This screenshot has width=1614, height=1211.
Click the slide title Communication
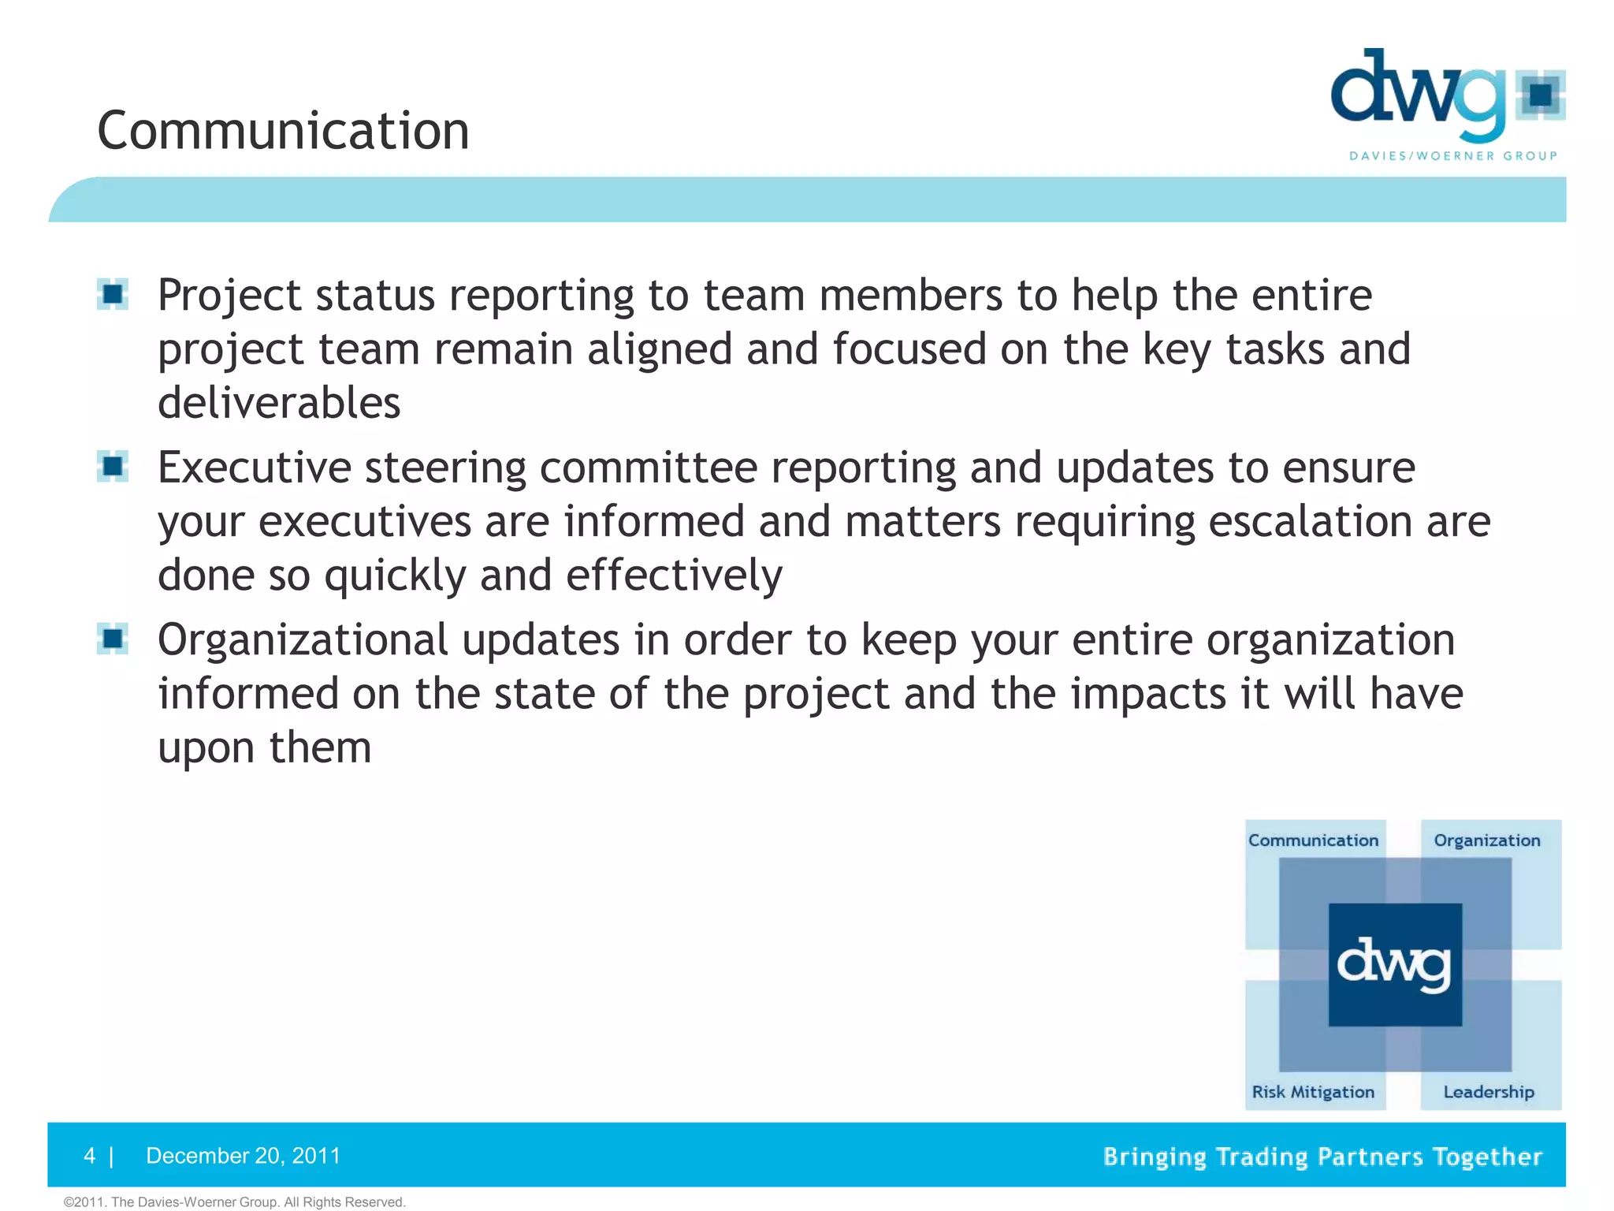[x=283, y=131]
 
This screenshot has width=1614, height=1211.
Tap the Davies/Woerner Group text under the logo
[x=1453, y=156]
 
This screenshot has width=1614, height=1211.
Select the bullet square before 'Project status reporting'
[x=113, y=295]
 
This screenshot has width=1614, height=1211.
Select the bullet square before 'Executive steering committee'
[x=113, y=467]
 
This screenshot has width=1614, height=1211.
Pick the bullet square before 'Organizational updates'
[x=113, y=639]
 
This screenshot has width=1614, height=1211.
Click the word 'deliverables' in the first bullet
[x=279, y=403]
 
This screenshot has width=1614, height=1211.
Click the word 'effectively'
[x=674, y=575]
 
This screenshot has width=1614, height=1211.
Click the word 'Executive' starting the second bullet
[x=254, y=468]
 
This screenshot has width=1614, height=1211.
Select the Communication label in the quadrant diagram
[x=1313, y=840]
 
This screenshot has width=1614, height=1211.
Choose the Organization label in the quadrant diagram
[x=1486, y=840]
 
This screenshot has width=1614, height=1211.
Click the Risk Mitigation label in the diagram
[x=1313, y=1092]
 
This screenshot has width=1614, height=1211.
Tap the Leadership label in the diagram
[x=1488, y=1092]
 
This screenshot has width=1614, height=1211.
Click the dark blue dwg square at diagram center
[x=1395, y=964]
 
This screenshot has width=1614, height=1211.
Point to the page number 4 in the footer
[x=89, y=1156]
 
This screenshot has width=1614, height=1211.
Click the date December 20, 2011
[x=243, y=1156]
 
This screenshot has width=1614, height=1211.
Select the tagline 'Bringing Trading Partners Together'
[x=1322, y=1157]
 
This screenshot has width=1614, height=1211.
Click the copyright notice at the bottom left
[x=234, y=1202]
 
